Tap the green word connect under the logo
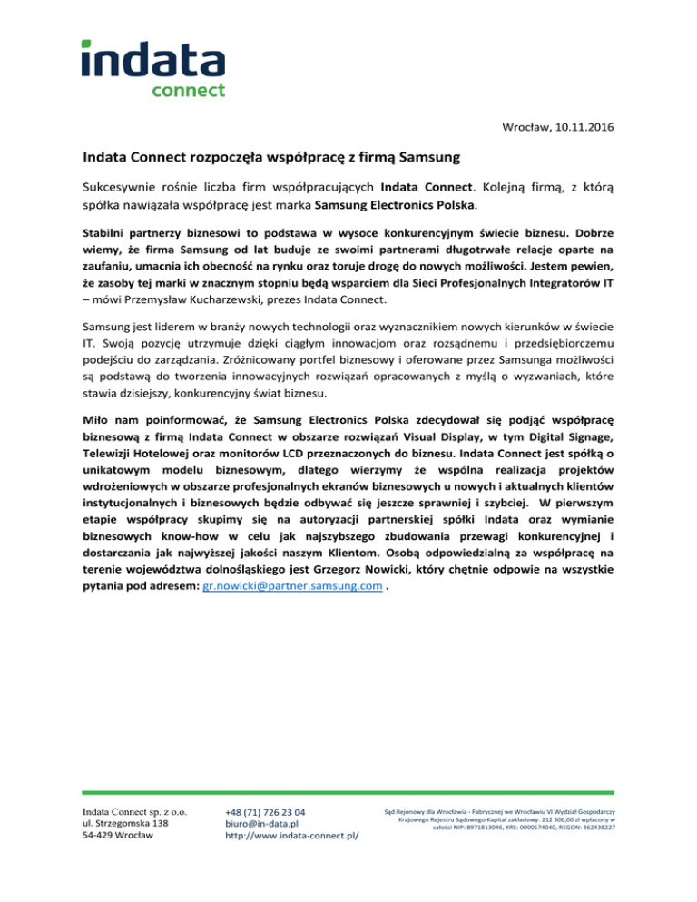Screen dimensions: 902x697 click(188, 91)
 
